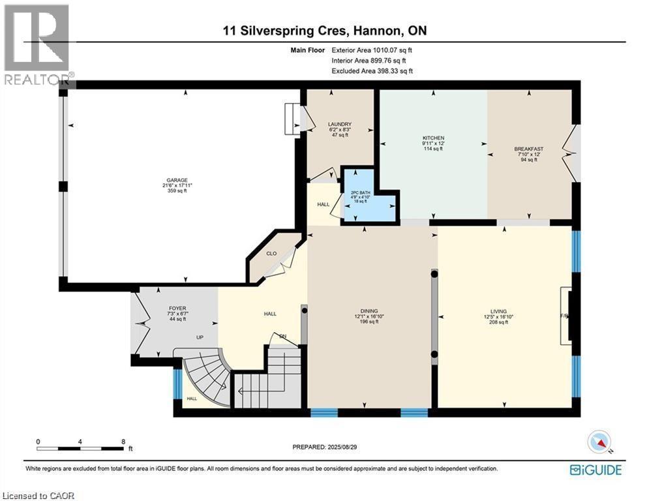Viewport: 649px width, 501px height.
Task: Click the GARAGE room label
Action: pyautogui.click(x=172, y=180)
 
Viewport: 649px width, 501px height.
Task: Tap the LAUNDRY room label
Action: pyautogui.click(x=340, y=124)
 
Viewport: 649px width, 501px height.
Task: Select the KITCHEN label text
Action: pyautogui.click(x=433, y=138)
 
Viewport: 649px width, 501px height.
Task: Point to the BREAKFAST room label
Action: pyautogui.click(x=528, y=149)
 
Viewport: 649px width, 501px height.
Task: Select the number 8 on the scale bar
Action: pyautogui.click(x=123, y=441)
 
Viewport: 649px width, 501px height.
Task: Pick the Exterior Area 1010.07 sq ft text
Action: pyautogui.click(x=372, y=50)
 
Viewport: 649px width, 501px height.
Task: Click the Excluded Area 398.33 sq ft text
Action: pyautogui.click(x=372, y=70)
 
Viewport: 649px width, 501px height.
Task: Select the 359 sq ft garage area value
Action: pyautogui.click(x=172, y=190)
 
